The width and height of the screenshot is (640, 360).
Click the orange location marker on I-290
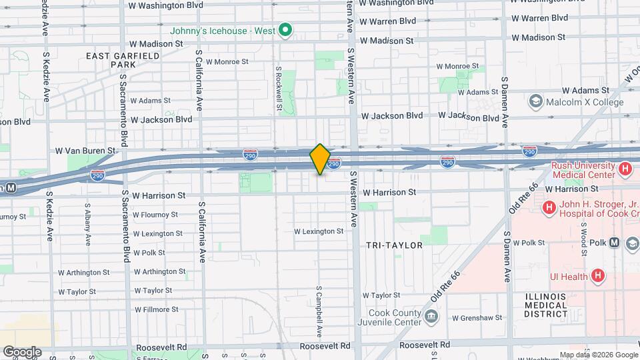[320, 159]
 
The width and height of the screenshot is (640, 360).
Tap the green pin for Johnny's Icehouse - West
[285, 29]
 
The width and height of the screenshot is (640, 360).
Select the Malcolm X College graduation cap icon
[535, 101]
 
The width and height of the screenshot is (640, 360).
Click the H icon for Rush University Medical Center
[625, 169]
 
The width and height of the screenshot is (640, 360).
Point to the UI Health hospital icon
[598, 275]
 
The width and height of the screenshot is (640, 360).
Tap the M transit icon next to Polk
[613, 243]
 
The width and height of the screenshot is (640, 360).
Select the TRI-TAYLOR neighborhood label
[394, 245]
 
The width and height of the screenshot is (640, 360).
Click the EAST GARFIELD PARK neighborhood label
[123, 60]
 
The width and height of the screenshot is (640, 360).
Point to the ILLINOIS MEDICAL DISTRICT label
[545, 305]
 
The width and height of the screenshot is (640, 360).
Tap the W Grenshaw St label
[475, 318]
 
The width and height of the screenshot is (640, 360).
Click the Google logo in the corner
[21, 352]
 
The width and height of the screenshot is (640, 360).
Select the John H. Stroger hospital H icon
[549, 208]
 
